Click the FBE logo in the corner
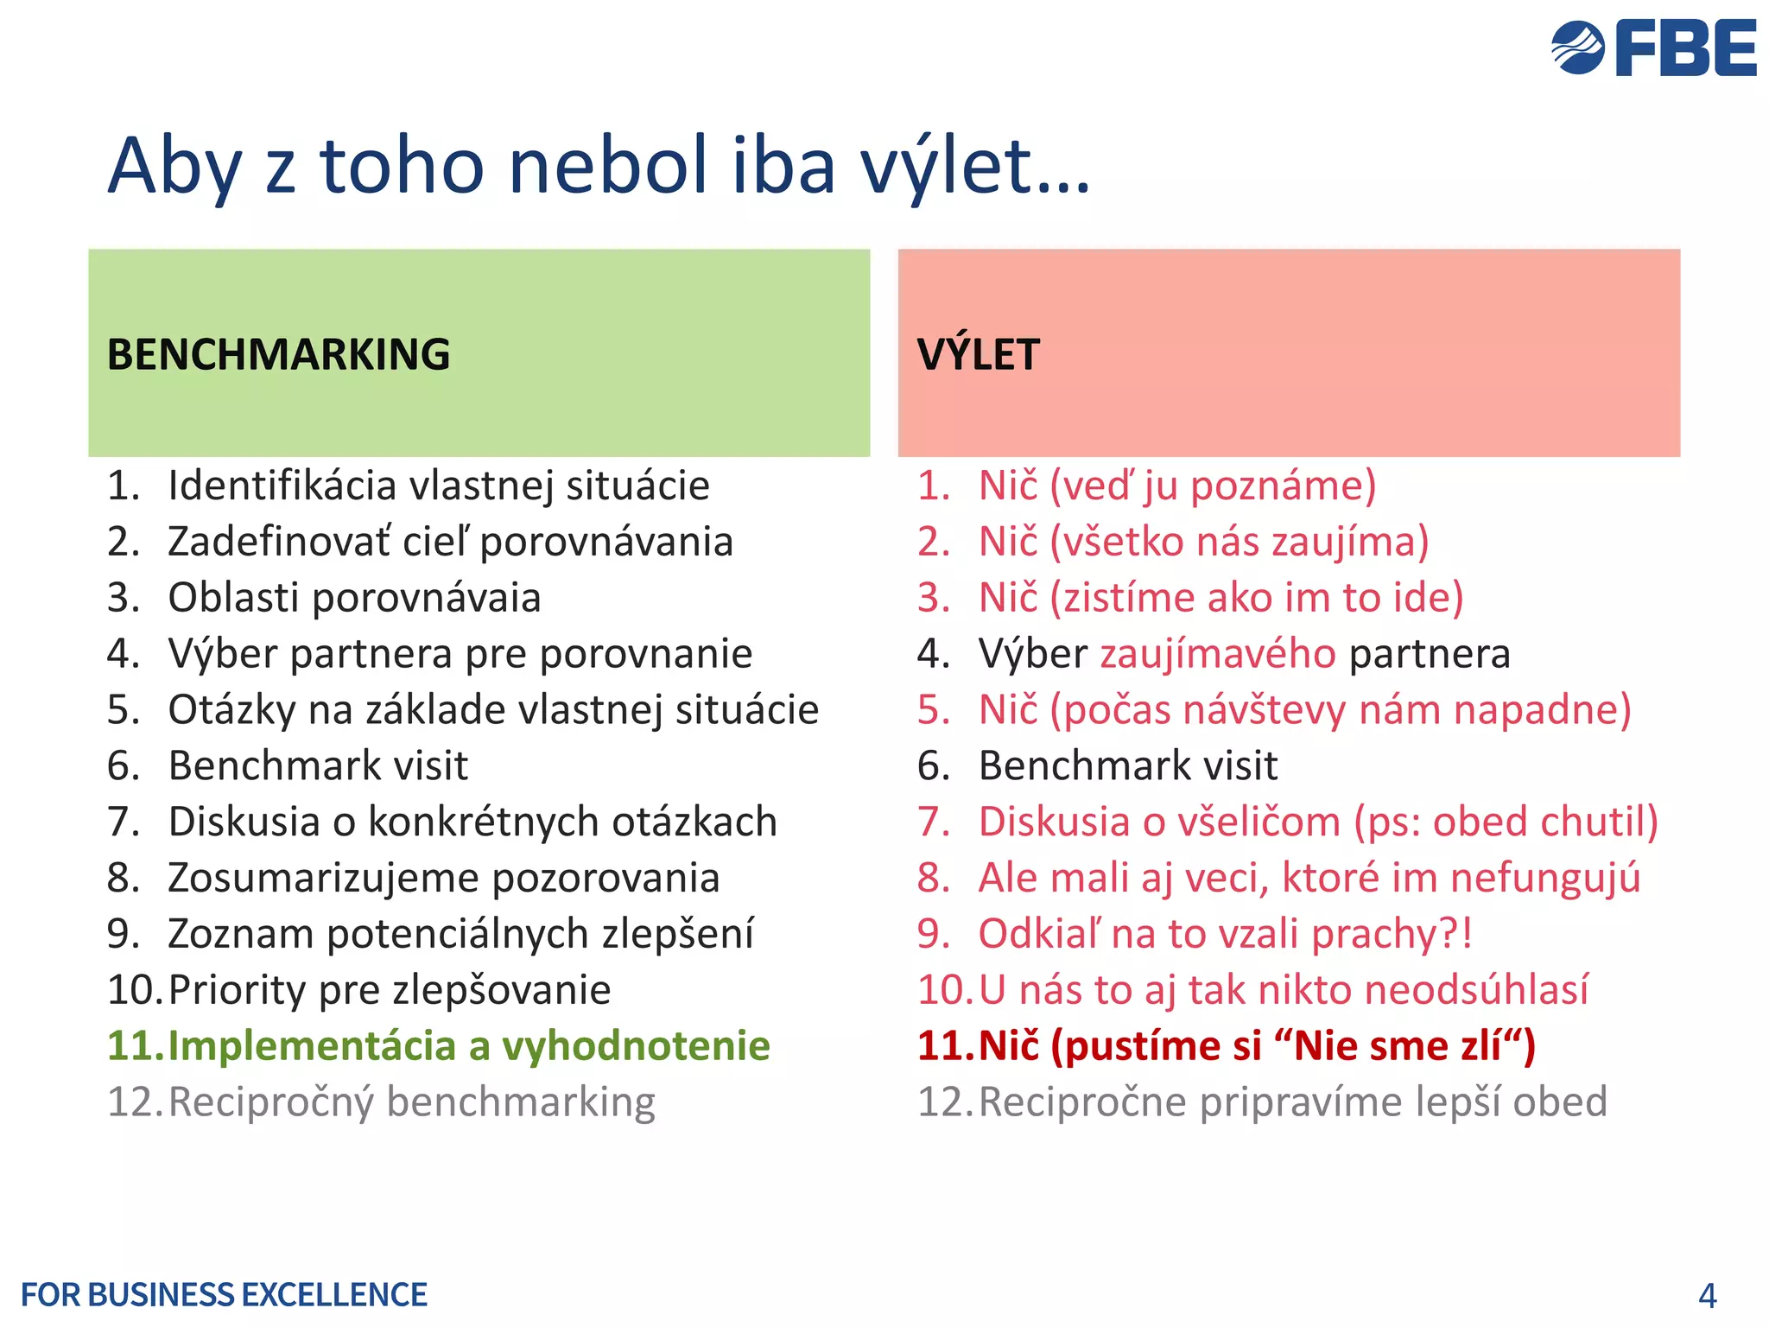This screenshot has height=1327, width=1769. pyautogui.click(x=1653, y=48)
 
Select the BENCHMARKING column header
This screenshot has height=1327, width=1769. pyautogui.click(x=278, y=354)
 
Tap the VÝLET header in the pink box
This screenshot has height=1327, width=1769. pyautogui.click(x=978, y=354)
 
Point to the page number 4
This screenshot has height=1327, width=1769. pyautogui.click(x=1707, y=1295)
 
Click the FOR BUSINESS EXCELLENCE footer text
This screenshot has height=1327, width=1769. pyautogui.click(x=224, y=1295)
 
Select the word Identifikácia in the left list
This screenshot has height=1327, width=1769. pyautogui.click(x=282, y=486)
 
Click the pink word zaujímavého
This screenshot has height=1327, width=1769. pyautogui.click(x=1218, y=654)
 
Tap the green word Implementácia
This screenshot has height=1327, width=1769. pyautogui.click(x=311, y=1046)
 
